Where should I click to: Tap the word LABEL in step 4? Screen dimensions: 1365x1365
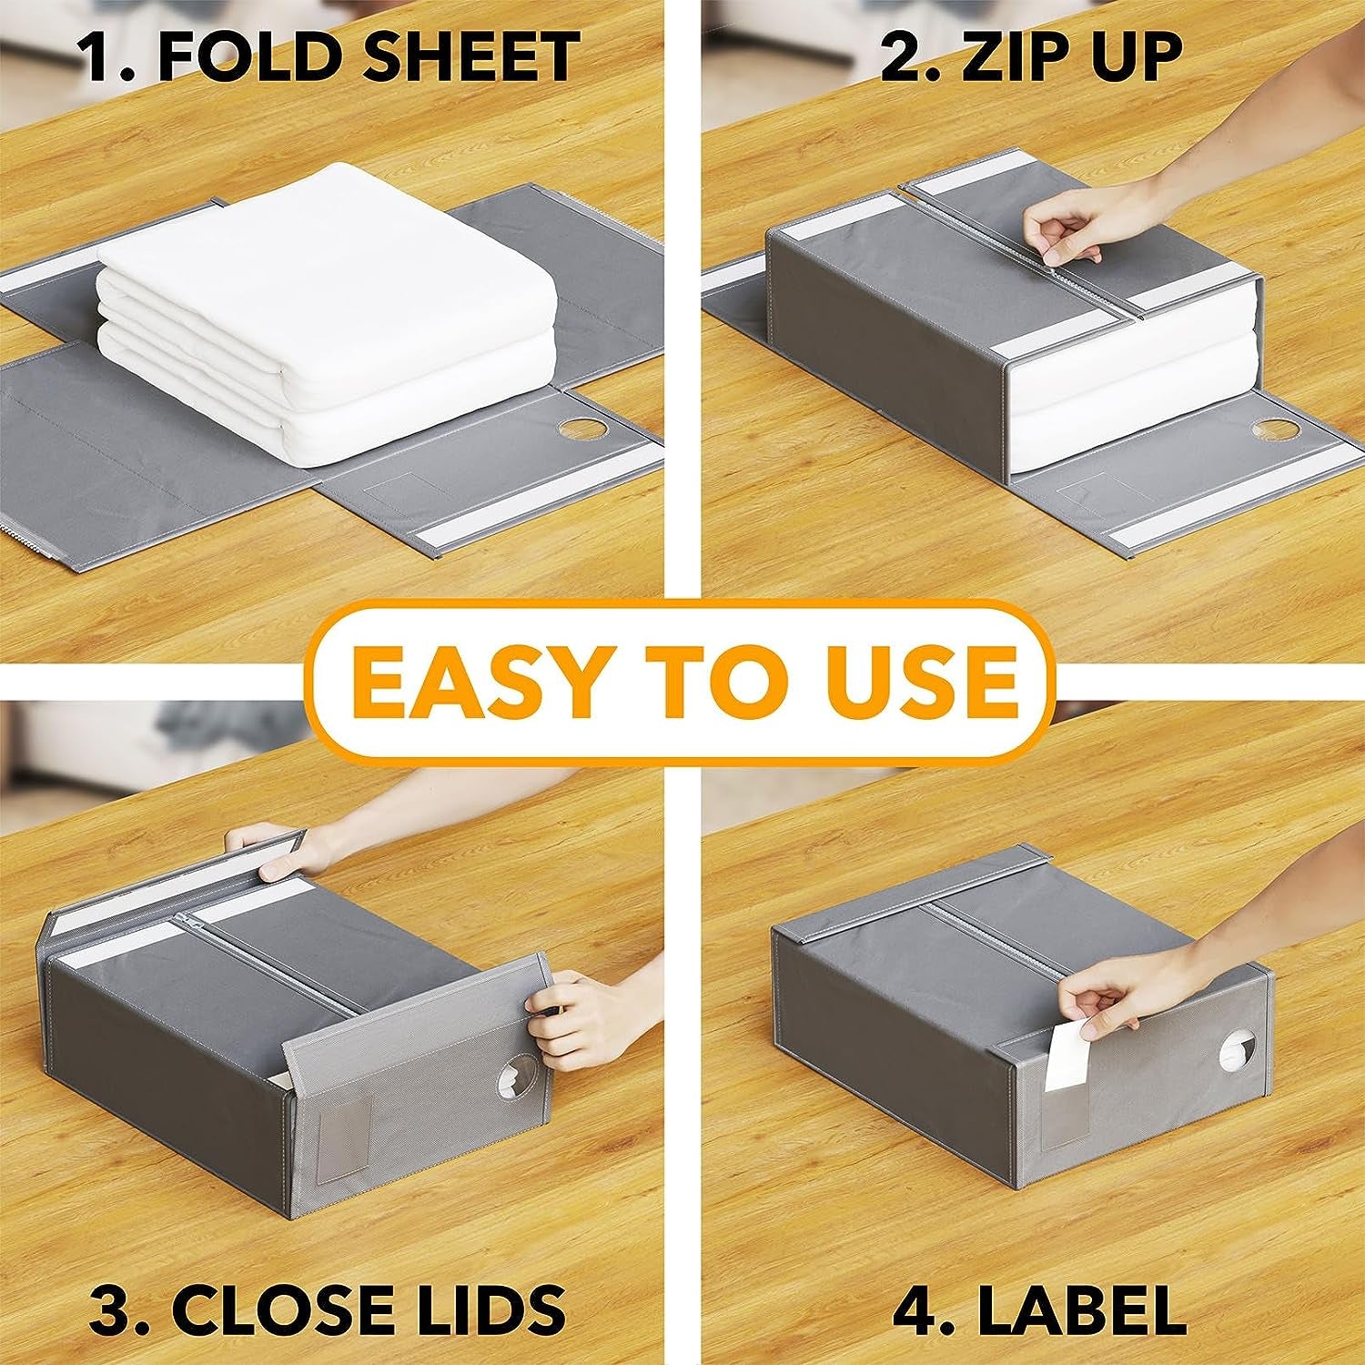coord(1082,1311)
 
